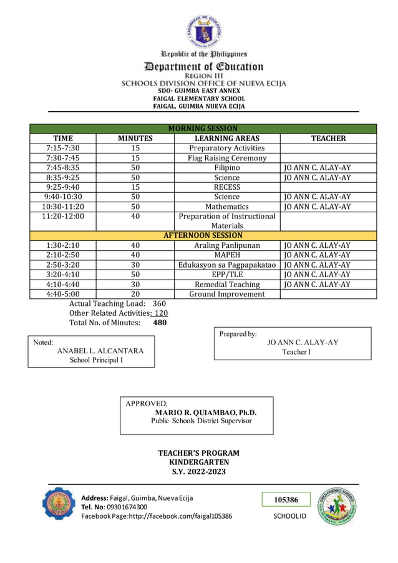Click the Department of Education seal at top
coord(203,31)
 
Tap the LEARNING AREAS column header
coord(227,138)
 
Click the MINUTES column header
coord(135,138)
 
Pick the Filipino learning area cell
coord(227,168)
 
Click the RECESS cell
coord(227,187)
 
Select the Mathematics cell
coord(227,207)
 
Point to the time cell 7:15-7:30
coord(62,148)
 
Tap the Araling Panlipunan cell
coord(227,245)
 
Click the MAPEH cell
coord(227,255)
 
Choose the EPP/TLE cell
coord(227,275)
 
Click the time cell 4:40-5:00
coord(62,294)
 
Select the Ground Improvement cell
coord(227,294)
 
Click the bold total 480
coord(160,323)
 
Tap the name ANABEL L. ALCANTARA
coord(100,351)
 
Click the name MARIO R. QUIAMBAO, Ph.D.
coord(205,413)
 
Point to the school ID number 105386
coord(286,499)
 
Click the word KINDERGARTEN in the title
coord(199,462)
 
